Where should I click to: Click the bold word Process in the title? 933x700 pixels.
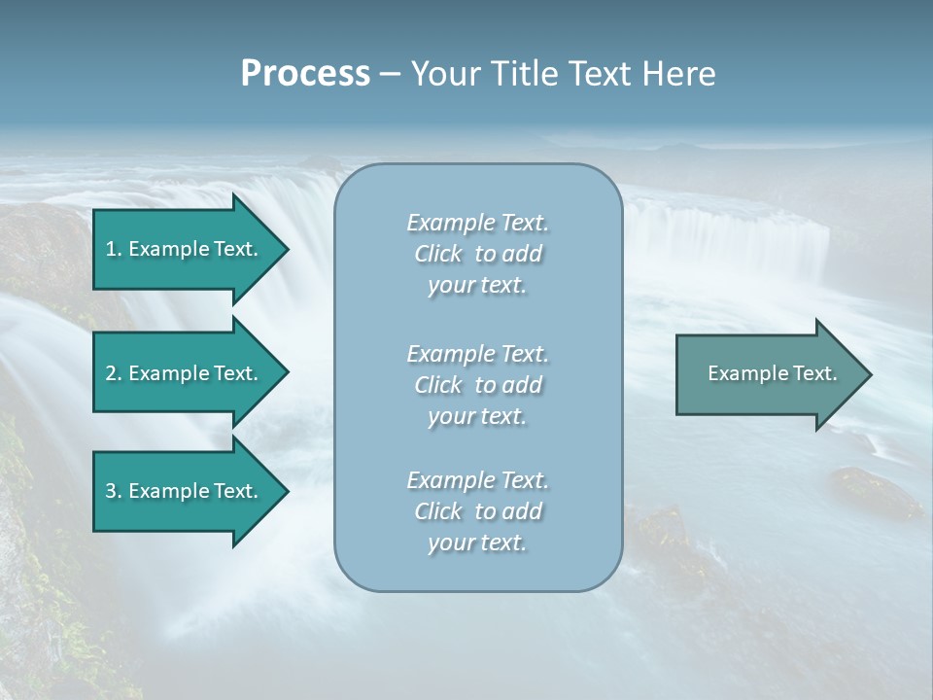tap(305, 74)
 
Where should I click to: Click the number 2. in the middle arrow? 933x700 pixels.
tap(113, 373)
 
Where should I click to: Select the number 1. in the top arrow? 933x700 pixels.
tap(113, 249)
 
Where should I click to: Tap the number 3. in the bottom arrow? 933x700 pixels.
tap(113, 491)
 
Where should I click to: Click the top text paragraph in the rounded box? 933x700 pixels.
tap(477, 254)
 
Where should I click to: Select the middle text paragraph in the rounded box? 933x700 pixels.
tap(477, 385)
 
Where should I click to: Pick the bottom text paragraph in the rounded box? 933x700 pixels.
tap(477, 511)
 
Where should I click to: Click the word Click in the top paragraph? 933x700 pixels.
tap(438, 255)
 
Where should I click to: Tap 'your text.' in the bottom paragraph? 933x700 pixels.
tap(477, 542)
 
